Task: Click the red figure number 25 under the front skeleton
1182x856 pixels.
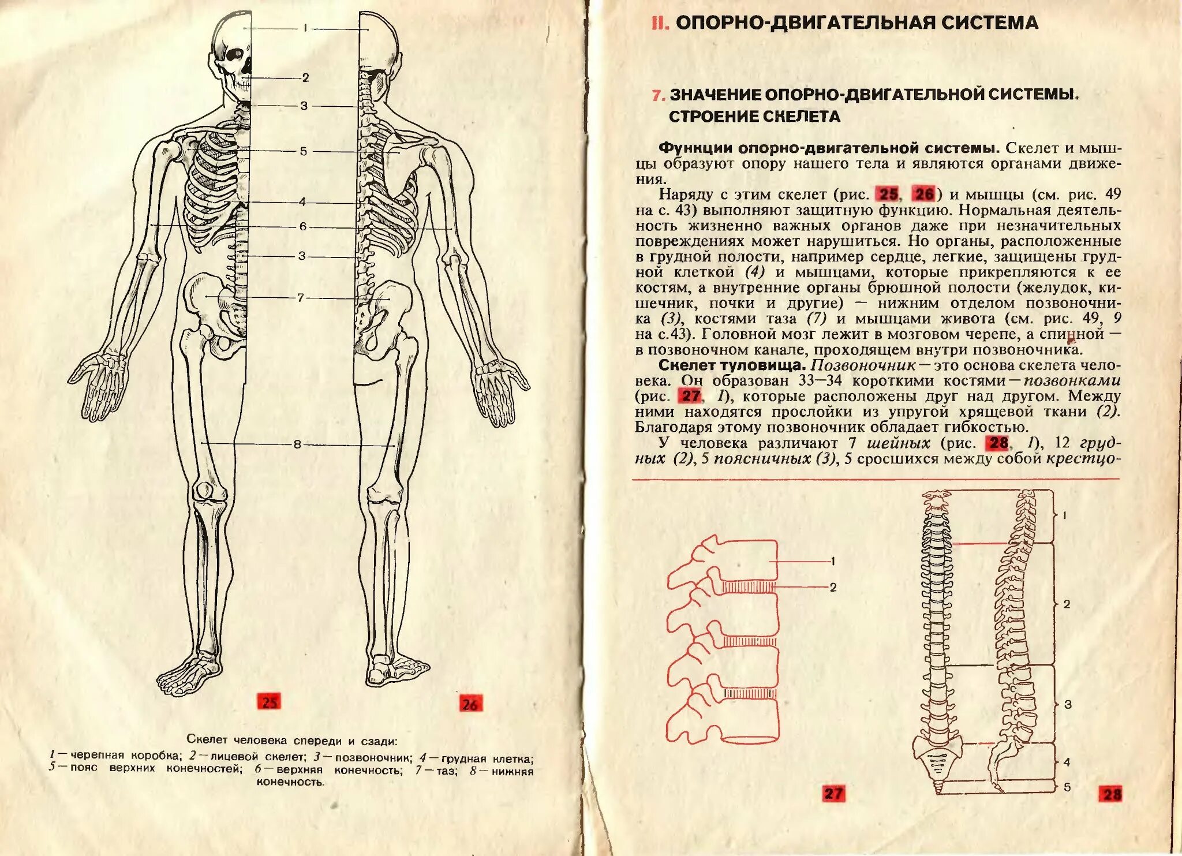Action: (x=270, y=702)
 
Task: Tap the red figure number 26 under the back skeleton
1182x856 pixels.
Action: (x=470, y=704)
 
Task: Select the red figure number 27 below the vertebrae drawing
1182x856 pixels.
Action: (x=833, y=793)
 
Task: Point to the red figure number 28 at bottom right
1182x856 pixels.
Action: (x=1112, y=794)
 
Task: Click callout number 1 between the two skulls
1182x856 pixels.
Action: (x=305, y=28)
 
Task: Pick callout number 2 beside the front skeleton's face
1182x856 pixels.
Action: (x=305, y=78)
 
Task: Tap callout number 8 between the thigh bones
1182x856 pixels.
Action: (x=297, y=444)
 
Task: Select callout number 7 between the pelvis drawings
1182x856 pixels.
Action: (x=300, y=298)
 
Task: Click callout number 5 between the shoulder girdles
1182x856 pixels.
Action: (x=303, y=151)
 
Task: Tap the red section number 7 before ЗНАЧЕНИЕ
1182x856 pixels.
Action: (x=657, y=95)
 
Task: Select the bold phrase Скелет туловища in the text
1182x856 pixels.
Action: (x=731, y=365)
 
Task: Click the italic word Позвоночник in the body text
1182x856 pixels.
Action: (x=863, y=365)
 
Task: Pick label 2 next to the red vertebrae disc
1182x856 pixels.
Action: (x=833, y=587)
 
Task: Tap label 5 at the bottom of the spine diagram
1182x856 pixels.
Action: (x=1067, y=787)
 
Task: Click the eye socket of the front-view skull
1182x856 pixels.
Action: (x=234, y=56)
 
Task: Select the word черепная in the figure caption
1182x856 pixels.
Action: (x=98, y=756)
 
